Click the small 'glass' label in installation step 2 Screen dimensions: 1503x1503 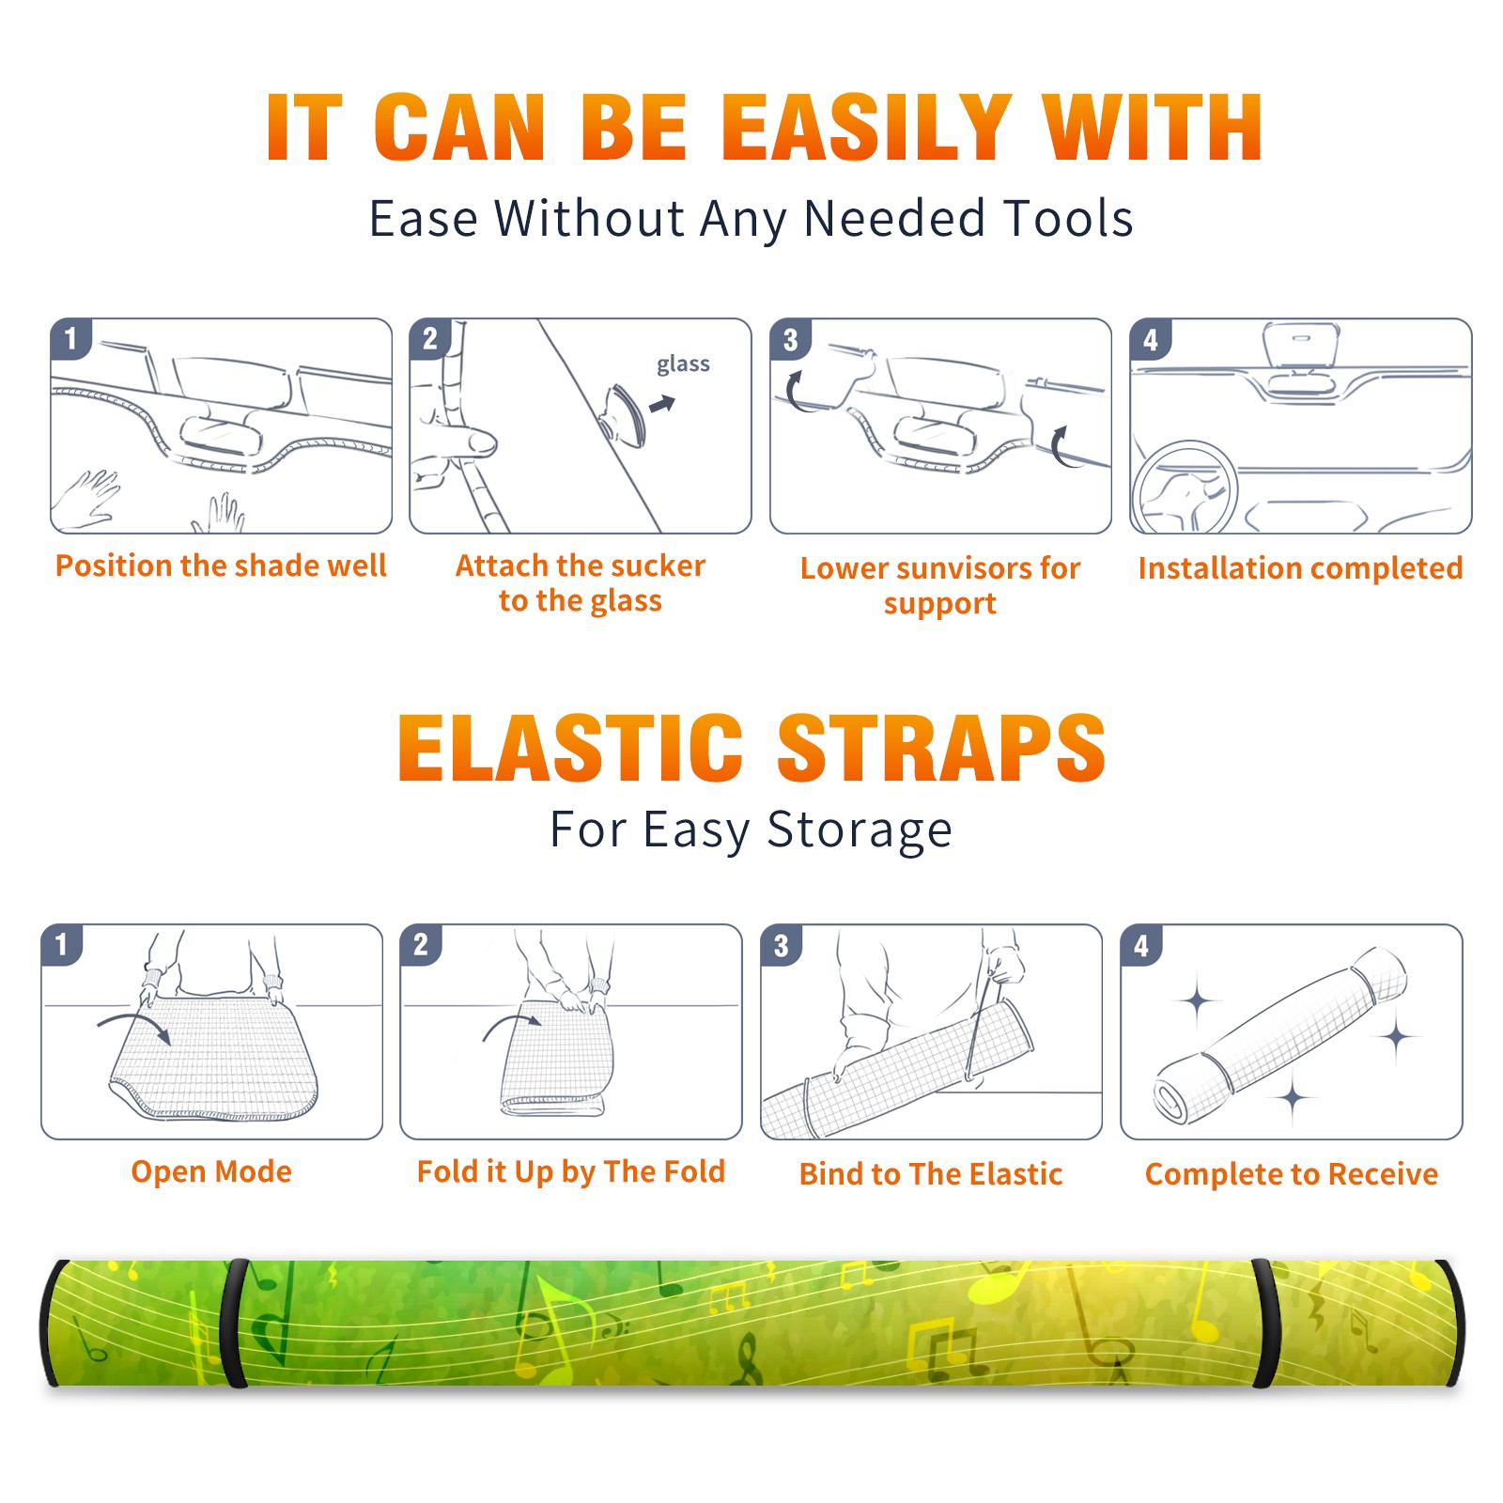click(683, 364)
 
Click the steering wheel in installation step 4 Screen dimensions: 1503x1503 click(1183, 488)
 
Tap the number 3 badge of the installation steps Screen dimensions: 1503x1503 click(791, 339)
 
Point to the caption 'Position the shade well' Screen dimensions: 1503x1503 click(221, 566)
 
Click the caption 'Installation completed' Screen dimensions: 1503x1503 click(1300, 568)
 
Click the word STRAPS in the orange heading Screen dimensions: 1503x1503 click(941, 748)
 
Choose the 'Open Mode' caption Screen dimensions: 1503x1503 click(211, 1171)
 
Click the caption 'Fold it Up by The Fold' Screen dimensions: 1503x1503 click(571, 1172)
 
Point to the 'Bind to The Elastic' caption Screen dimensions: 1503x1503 click(931, 1174)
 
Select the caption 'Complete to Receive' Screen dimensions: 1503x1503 click(1292, 1174)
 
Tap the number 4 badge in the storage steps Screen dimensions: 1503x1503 click(1141, 945)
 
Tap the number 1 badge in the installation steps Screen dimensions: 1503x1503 click(71, 339)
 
